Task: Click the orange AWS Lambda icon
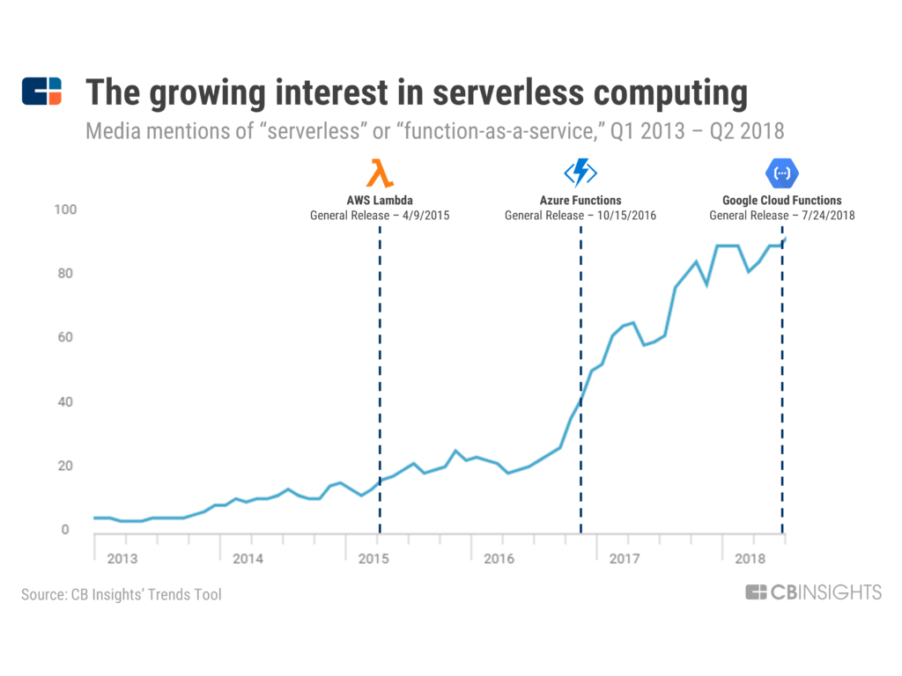pyautogui.click(x=380, y=173)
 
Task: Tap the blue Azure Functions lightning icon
pyautogui.click(x=580, y=172)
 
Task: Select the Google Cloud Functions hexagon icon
pyautogui.click(x=781, y=173)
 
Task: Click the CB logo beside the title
pyautogui.click(x=41, y=92)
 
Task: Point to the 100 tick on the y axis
pyautogui.click(x=68, y=209)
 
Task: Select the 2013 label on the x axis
pyautogui.click(x=122, y=559)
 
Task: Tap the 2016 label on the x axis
pyautogui.click(x=499, y=559)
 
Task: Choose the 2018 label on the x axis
pyautogui.click(x=750, y=559)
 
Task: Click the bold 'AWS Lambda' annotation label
pyautogui.click(x=380, y=201)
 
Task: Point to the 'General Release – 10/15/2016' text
pyautogui.click(x=580, y=216)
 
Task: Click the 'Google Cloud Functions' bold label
pyautogui.click(x=781, y=201)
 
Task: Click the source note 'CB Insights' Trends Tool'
pyautogui.click(x=122, y=595)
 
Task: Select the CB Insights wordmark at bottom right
pyautogui.click(x=813, y=592)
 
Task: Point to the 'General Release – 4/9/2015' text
pyautogui.click(x=380, y=216)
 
